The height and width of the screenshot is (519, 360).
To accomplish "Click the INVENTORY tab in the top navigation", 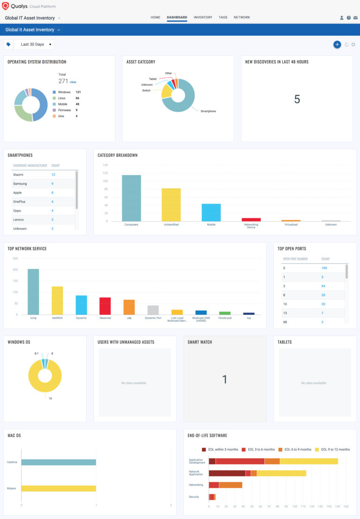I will tap(202, 17).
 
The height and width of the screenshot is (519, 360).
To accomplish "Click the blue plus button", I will tap(337, 44).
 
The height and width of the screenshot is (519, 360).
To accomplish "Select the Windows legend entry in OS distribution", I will tap(64, 92).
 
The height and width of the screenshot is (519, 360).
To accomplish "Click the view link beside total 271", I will tap(73, 82).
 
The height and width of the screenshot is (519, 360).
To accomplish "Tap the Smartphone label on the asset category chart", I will tap(208, 111).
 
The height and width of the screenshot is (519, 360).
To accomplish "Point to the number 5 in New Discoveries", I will tap(297, 99).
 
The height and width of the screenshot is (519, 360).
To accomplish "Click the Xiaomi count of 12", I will tap(53, 175).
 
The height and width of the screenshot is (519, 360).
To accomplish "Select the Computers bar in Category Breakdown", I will tap(131, 198).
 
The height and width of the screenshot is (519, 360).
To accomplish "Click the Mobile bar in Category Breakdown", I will tap(211, 212).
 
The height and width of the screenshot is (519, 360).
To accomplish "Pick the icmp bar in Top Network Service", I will tap(33, 292).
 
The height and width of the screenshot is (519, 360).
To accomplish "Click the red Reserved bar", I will tap(105, 306).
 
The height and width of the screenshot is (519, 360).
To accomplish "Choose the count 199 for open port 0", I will tap(324, 268).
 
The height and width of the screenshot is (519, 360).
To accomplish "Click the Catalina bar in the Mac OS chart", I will tap(59, 462).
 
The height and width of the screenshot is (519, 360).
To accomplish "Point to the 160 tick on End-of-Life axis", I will tap(346, 506).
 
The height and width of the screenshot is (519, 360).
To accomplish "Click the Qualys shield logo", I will tap(6, 6).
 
